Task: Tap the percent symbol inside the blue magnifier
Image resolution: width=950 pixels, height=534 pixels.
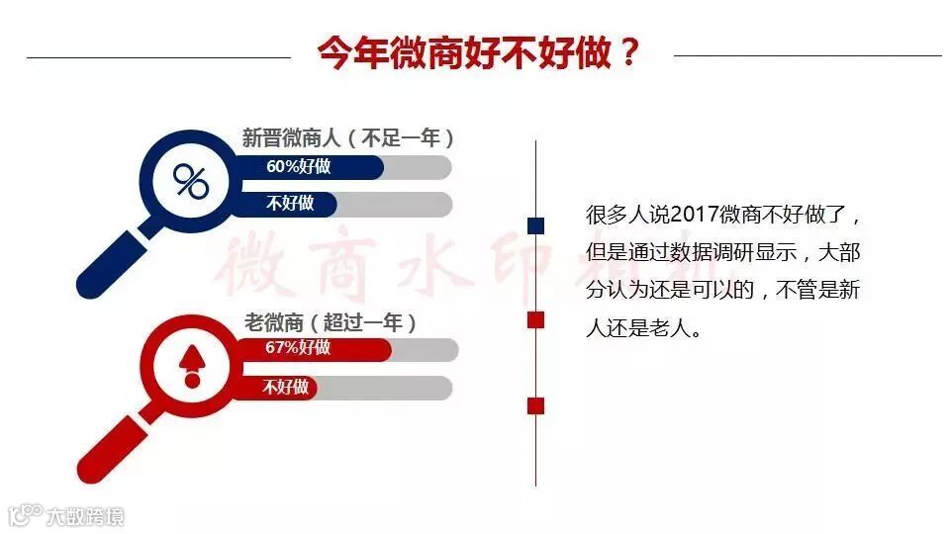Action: coord(191,180)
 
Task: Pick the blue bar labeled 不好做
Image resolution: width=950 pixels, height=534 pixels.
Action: coord(287,204)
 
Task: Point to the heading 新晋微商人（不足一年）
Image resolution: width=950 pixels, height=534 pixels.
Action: coord(348,137)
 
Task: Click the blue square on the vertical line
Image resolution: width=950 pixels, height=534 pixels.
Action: coord(536,226)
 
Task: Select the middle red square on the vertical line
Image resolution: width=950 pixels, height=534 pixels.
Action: coord(536,318)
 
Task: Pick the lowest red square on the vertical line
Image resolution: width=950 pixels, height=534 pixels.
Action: coord(536,404)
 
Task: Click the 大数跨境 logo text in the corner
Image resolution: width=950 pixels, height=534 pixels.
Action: coord(85,515)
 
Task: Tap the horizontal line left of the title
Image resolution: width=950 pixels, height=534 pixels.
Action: coord(158,57)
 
